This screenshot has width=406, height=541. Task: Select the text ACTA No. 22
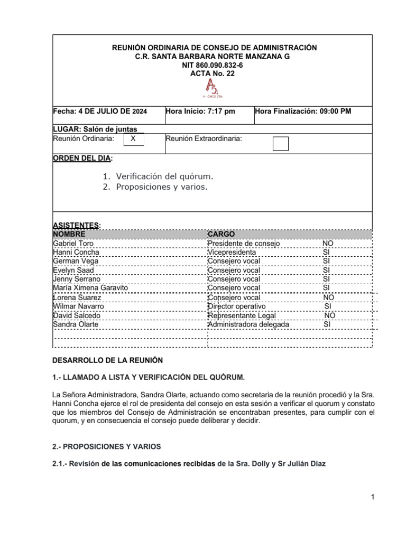click(x=212, y=73)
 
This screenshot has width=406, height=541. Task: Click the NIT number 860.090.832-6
click(x=213, y=64)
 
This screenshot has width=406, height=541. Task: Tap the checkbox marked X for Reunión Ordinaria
click(x=133, y=139)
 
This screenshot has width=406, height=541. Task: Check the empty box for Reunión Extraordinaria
click(x=280, y=143)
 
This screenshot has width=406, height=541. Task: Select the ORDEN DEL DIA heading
click(x=82, y=158)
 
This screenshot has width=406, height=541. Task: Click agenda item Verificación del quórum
click(x=165, y=176)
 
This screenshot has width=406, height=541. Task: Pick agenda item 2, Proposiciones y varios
click(x=162, y=187)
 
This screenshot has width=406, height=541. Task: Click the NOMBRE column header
click(x=69, y=234)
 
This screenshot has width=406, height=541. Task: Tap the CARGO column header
click(x=221, y=234)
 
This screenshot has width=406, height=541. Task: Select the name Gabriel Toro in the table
click(x=73, y=244)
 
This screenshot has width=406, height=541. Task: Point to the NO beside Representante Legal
click(x=329, y=315)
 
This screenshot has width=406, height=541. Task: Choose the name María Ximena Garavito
click(x=90, y=288)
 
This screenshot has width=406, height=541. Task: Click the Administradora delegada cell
click(x=248, y=324)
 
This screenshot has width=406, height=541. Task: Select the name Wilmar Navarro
click(x=79, y=306)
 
